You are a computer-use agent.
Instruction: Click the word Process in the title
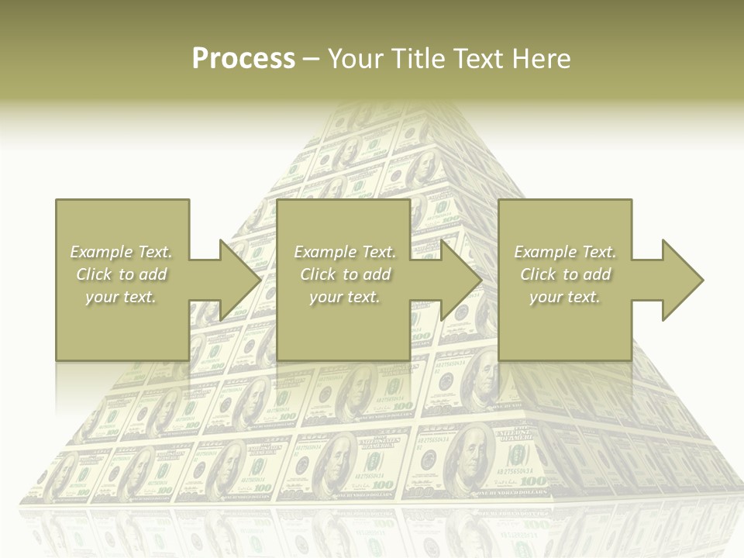243,59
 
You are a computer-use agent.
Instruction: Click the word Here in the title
542,59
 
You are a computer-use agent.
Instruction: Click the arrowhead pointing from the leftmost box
239,280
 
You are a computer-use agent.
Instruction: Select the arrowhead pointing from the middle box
461,280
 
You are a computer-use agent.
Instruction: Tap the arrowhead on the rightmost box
683,280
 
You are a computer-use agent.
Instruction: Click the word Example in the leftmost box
101,252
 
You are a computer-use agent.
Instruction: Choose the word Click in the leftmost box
95,274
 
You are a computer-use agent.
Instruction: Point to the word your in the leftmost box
102,297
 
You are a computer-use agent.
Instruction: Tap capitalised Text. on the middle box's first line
378,252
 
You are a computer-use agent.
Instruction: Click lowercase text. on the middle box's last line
362,297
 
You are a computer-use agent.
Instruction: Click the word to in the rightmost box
571,274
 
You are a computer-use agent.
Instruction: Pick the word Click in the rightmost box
539,274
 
